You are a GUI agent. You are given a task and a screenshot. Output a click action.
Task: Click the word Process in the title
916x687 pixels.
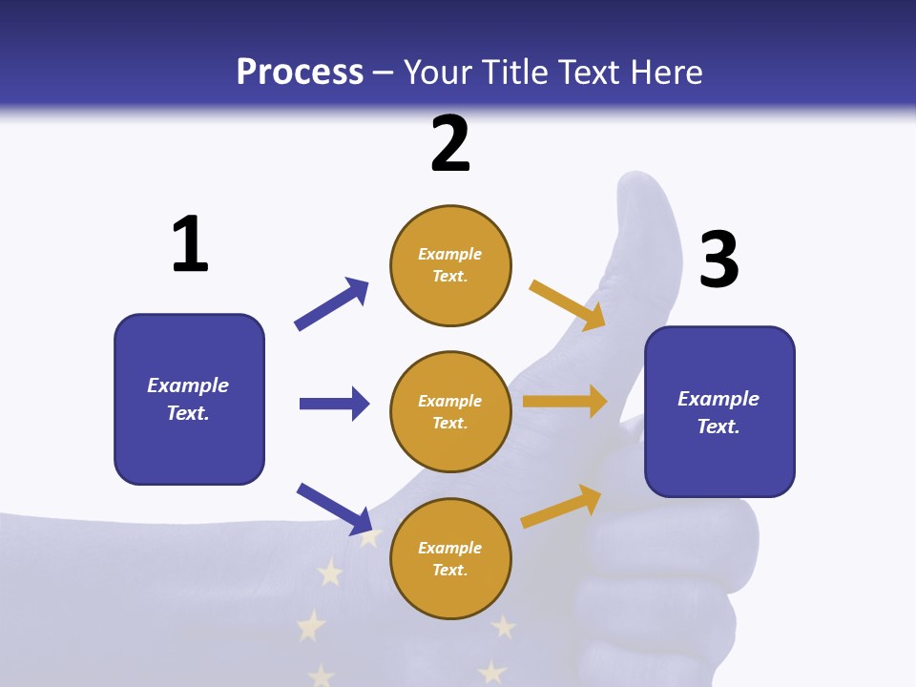click(x=300, y=72)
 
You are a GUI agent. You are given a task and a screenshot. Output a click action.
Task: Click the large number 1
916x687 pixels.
click(x=190, y=244)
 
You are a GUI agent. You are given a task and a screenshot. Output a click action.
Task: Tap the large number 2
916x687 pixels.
click(x=450, y=144)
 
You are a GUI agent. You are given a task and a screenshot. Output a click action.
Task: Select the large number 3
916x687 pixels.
click(x=719, y=260)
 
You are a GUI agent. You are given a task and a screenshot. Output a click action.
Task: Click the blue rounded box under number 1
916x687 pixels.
click(x=189, y=399)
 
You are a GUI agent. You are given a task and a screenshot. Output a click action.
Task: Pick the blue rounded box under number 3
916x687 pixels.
click(x=719, y=412)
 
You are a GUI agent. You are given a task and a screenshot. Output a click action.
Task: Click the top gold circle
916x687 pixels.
click(x=450, y=265)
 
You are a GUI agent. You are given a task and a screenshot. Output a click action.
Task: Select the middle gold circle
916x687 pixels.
click(x=450, y=412)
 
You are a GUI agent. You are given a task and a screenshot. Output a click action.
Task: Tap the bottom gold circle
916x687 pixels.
click(x=450, y=559)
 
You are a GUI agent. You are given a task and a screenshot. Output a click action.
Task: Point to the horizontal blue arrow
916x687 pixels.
click(x=334, y=404)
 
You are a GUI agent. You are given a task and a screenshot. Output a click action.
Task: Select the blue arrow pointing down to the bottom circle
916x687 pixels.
click(x=335, y=509)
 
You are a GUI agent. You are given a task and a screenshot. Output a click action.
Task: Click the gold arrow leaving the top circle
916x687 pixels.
click(x=568, y=304)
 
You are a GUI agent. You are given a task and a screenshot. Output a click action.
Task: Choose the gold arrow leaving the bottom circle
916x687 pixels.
click(x=561, y=507)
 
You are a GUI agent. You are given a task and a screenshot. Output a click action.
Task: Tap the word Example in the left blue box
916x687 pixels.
click(x=188, y=385)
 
